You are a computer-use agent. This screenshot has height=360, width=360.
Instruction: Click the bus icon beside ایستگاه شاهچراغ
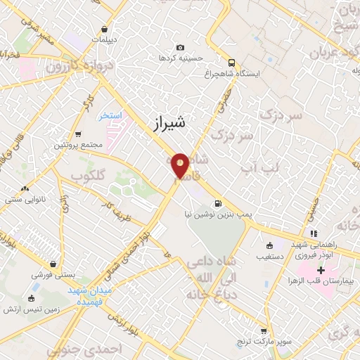pos(232,61)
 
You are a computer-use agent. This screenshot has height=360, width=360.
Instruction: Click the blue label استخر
pos(110,115)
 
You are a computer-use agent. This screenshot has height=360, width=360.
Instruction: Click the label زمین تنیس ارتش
pos(31,309)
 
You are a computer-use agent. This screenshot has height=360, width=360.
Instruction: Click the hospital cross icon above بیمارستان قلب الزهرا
pos(321,270)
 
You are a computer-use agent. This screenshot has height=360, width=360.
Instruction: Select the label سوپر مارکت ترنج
pos(264,340)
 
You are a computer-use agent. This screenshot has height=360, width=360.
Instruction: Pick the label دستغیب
pos(269,256)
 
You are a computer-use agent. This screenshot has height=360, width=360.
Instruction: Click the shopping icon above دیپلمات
pos(105,30)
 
